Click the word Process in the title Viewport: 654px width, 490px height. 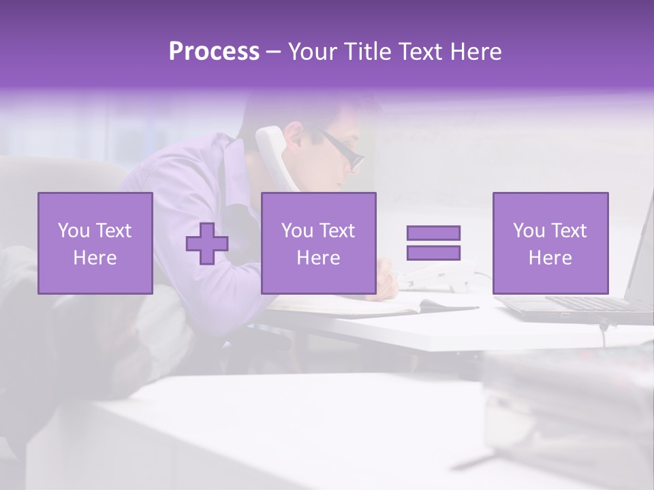tap(214, 52)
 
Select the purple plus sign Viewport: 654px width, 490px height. tap(207, 244)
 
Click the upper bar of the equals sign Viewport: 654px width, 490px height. tap(433, 233)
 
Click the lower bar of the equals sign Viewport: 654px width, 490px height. tap(433, 253)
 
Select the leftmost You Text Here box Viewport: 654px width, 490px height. tap(95, 243)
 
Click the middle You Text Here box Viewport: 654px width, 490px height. tap(318, 243)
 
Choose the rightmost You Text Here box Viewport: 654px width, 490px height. tap(550, 243)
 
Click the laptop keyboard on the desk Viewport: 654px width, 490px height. tap(586, 303)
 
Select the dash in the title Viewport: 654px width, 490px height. tap(273, 52)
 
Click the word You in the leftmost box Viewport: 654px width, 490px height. tap(73, 231)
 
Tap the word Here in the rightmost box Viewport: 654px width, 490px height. tap(550, 258)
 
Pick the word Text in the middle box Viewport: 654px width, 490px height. tap(337, 231)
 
